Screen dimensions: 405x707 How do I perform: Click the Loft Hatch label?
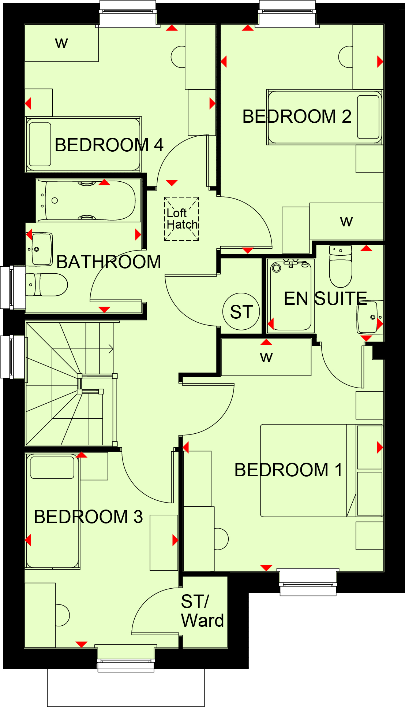click(182, 219)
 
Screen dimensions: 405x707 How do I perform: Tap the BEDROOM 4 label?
click(109, 145)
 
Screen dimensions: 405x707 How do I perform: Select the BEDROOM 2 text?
click(297, 116)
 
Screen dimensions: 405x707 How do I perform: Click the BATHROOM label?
click(109, 262)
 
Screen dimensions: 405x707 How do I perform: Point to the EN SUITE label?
click(326, 299)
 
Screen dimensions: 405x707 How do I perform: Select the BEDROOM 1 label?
click(288, 470)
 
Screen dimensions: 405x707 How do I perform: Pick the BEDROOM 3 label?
click(88, 517)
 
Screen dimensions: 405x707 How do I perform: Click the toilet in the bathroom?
click(46, 285)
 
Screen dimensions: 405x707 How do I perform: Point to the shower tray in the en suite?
click(291, 295)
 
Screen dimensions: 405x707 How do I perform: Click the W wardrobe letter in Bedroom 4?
click(61, 43)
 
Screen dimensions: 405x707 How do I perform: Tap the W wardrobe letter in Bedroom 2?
click(346, 221)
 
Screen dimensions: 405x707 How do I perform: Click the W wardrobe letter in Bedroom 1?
click(266, 357)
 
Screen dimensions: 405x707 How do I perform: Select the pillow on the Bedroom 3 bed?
click(52, 467)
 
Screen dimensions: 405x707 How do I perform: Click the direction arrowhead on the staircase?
click(111, 349)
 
